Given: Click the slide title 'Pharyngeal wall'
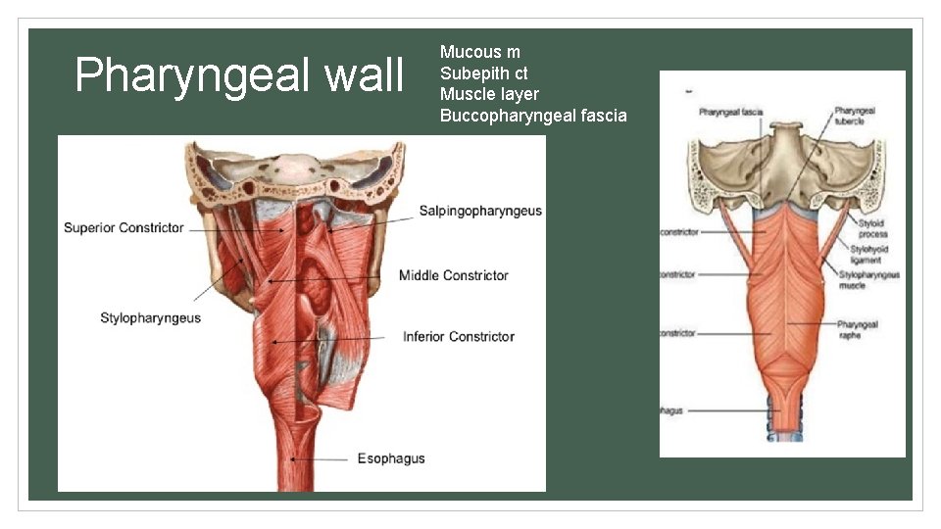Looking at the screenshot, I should [x=239, y=75].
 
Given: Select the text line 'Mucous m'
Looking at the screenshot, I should [x=480, y=52].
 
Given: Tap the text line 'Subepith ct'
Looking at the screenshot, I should [x=484, y=73].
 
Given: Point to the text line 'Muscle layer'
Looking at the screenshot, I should [x=489, y=95].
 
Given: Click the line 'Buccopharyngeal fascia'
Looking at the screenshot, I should [x=533, y=117].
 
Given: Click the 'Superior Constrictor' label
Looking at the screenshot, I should [x=124, y=228].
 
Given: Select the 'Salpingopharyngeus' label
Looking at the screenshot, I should [x=480, y=212].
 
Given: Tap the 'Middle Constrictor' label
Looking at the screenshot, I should [x=454, y=275].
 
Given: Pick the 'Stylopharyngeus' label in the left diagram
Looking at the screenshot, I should [x=150, y=317].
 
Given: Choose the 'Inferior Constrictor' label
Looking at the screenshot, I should [x=459, y=337].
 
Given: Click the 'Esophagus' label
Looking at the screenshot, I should [x=391, y=458].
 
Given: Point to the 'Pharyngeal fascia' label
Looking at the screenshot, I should [x=731, y=113].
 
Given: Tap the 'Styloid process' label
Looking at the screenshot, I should [x=871, y=229].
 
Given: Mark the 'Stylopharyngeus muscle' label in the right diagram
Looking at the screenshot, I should [x=868, y=280].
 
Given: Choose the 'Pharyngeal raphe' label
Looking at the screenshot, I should [x=858, y=329].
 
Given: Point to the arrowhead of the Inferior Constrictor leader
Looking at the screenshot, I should [x=273, y=340].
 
